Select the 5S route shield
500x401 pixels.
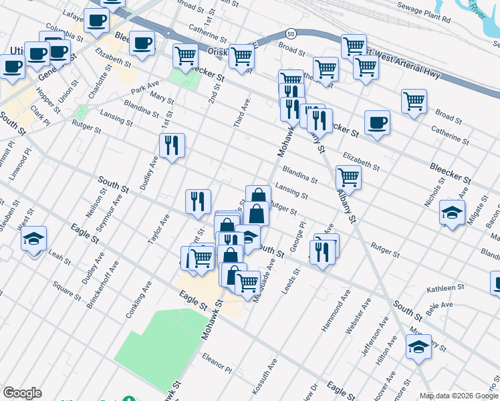coord(290,33)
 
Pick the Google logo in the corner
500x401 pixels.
coord(22,393)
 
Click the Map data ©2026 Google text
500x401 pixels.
coord(459,396)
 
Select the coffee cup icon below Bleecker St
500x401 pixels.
coord(377,123)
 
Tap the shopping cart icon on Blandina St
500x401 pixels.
coord(348,178)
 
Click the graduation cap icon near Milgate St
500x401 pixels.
coord(453,213)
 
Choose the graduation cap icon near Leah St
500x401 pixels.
coord(33,239)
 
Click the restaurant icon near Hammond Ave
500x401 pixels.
coord(322,251)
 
